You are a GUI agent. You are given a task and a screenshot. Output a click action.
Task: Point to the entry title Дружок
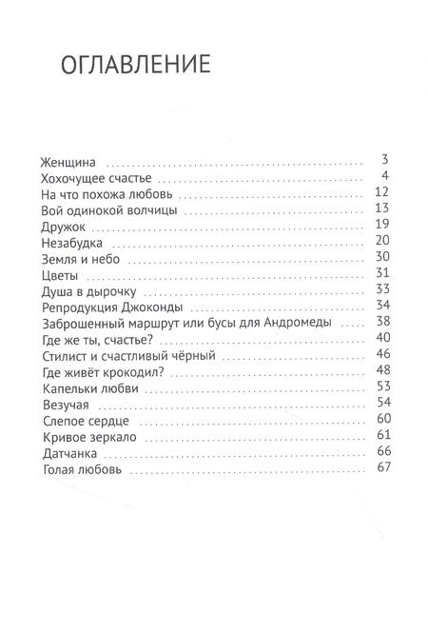(x=66, y=226)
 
